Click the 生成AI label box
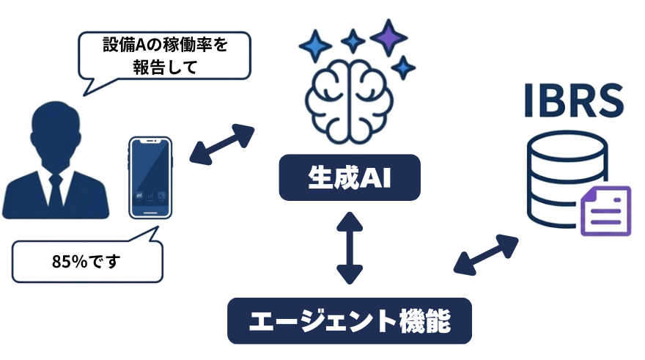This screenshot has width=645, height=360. [350, 177]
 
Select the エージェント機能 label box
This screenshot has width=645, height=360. [349, 320]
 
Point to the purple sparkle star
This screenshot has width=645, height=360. [388, 36]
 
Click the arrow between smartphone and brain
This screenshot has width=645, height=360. [221, 144]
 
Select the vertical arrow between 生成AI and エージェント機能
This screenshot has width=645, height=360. [350, 248]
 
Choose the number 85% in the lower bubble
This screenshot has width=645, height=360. [68, 260]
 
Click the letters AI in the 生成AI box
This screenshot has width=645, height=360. [372, 177]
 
